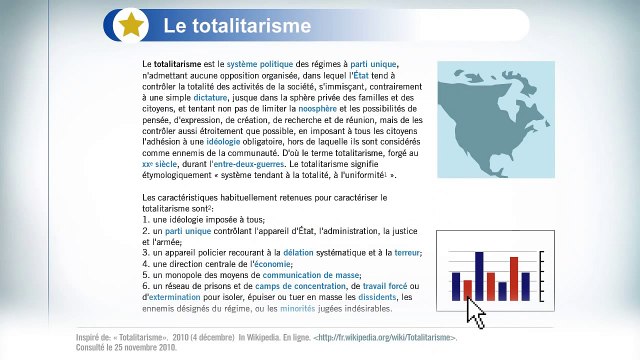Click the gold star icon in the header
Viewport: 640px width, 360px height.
[130, 25]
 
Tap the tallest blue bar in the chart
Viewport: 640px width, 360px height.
[480, 275]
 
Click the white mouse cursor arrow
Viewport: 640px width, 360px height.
[475, 313]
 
